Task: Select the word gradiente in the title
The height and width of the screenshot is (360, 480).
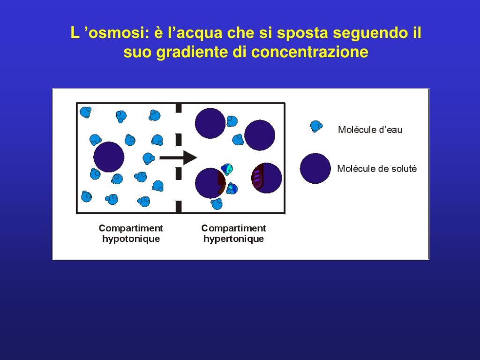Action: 192,52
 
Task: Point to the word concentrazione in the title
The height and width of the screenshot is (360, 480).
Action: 310,52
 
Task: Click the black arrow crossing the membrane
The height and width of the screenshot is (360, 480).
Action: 178,157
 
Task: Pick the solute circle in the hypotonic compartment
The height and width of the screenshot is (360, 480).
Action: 109,157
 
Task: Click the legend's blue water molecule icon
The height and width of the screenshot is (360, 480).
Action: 316,126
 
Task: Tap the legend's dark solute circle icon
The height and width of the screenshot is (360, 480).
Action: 315,168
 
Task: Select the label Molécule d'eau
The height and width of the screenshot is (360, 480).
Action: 370,130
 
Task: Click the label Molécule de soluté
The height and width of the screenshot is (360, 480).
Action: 376,169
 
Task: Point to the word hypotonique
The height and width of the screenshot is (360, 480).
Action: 131,239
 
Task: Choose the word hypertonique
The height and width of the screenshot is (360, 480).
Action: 233,239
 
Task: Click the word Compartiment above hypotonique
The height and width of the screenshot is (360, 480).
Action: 131,228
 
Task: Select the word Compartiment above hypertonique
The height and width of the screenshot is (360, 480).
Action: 233,228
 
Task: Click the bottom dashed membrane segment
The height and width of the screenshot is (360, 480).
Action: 178,206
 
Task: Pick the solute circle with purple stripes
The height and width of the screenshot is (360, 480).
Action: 266,178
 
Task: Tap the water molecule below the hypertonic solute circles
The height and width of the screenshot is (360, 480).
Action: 217,203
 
